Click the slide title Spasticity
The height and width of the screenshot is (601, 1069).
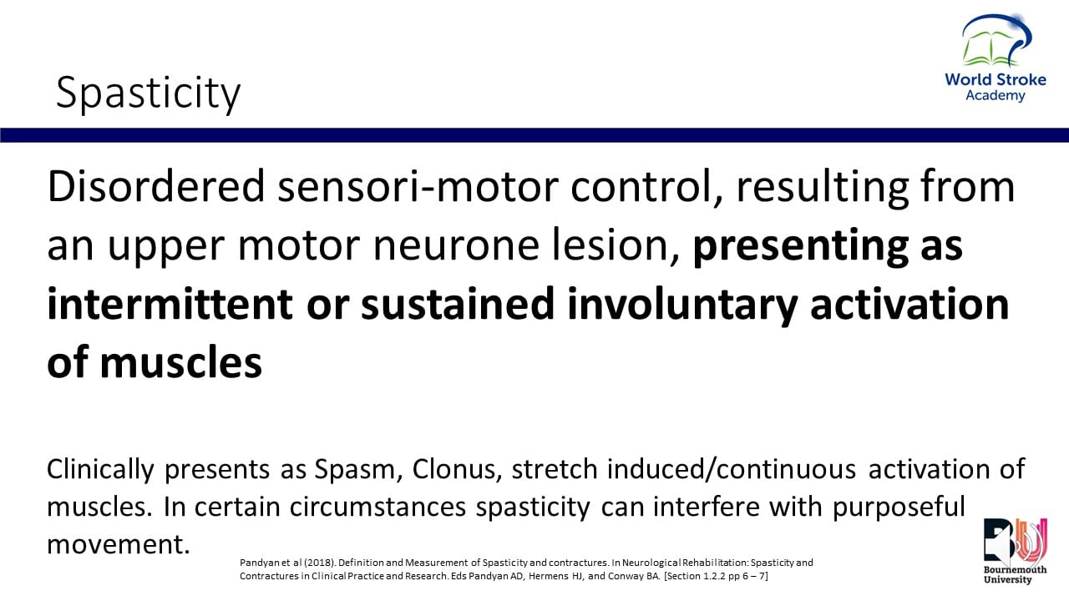[148, 93]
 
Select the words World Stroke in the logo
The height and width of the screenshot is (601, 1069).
[996, 79]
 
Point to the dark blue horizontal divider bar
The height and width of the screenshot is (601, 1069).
[534, 135]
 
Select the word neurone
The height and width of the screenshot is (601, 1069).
[456, 245]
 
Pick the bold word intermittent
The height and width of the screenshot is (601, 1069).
[170, 304]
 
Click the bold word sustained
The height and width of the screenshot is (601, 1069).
[458, 304]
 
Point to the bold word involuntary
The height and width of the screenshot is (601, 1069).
[683, 306]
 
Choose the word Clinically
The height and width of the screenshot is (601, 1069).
[100, 470]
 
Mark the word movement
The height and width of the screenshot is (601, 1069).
[119, 544]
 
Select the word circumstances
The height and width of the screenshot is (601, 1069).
[377, 507]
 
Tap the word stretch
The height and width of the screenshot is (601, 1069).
[555, 470]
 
